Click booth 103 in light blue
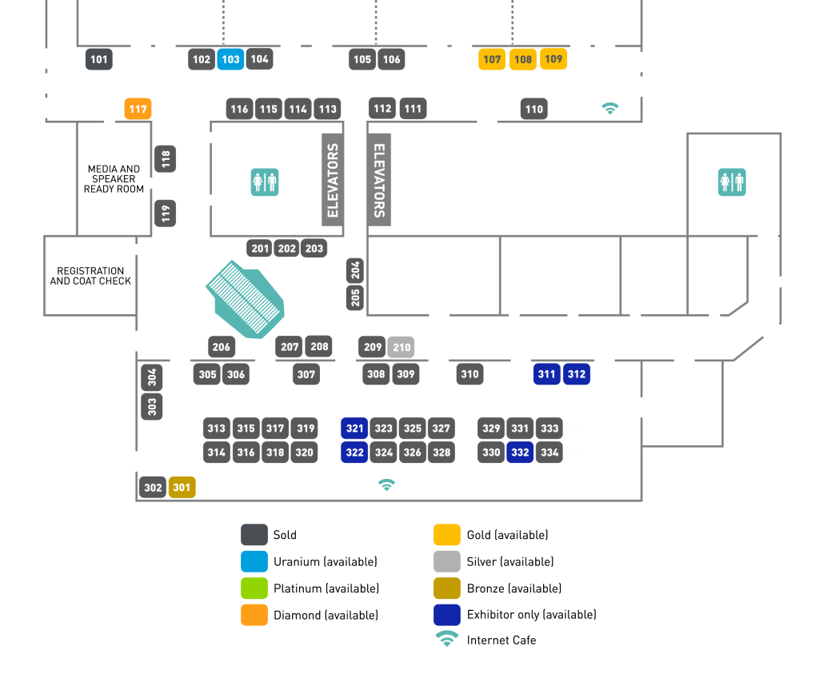pos(230,59)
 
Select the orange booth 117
pos(138,109)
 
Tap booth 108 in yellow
pos(523,59)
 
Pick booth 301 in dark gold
pos(182,487)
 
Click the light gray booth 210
pos(402,347)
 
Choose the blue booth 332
pos(520,453)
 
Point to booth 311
pos(547,373)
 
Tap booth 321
pos(354,429)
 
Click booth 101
pos(99,59)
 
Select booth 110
pos(534,109)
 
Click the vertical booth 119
pos(166,213)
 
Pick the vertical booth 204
pos(355,270)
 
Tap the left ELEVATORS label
pos(333,181)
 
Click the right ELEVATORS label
pos(380,180)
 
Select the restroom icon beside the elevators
pos(265,182)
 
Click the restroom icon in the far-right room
pos(732,182)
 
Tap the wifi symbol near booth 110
pos(610,108)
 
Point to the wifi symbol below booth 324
pos(386,485)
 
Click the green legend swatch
pos(254,588)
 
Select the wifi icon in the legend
pos(447,638)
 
